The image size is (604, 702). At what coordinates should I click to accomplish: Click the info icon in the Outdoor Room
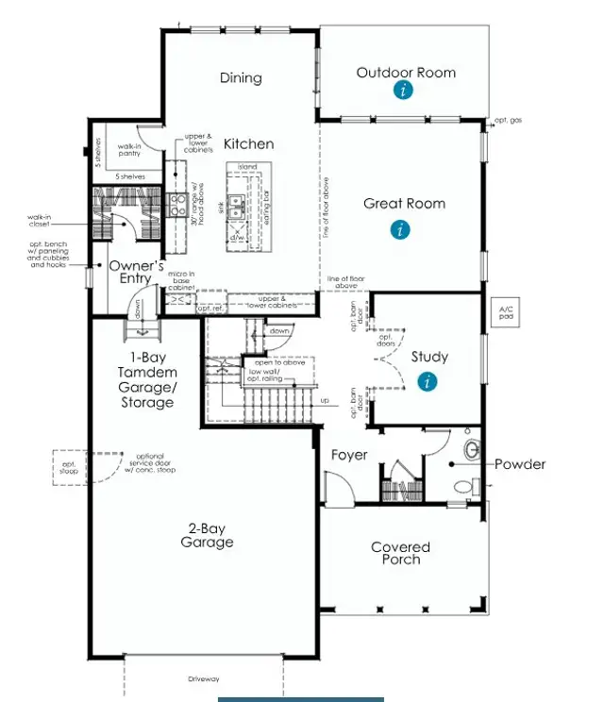pos(404,91)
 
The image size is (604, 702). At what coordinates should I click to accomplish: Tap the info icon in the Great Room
pos(401,228)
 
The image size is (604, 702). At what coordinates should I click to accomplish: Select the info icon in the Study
pos(428,381)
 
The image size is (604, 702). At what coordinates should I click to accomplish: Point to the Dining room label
pos(240,77)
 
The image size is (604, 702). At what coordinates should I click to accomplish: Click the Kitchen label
pos(248,144)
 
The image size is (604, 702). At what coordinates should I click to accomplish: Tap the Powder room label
pos(520,463)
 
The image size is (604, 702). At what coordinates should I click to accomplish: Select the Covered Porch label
pos(400,553)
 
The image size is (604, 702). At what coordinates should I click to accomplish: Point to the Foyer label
pos(348,455)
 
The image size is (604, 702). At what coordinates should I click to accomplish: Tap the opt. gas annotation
pos(509,121)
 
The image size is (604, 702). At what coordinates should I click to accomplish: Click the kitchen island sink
pos(236,207)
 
